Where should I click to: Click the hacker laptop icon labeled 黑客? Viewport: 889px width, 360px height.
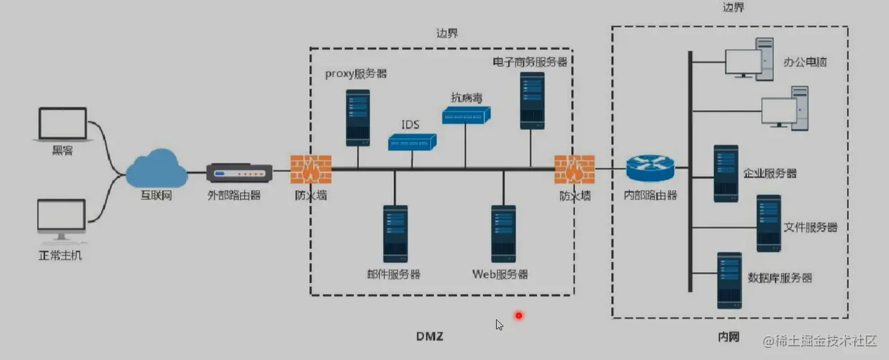coord(63,125)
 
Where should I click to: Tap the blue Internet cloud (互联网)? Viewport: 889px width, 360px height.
coord(156,169)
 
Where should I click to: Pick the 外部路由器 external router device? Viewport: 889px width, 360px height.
coord(239,173)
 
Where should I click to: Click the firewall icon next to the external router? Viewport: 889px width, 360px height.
coord(311,169)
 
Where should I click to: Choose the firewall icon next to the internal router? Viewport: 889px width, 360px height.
coord(574,169)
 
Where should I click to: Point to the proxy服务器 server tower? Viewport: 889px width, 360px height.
coord(358,118)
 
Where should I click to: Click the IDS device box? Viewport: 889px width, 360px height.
coord(411,143)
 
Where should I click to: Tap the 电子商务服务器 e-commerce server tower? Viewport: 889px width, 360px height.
coord(532,100)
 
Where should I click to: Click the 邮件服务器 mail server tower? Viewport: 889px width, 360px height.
coord(395,234)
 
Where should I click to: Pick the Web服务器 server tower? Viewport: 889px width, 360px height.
coord(503,234)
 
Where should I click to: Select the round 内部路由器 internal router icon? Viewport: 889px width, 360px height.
coord(650,169)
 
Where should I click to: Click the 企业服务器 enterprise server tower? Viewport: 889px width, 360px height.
coord(725,174)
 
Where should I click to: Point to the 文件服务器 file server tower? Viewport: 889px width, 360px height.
coord(768,224)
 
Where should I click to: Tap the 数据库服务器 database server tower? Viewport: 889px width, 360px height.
coord(729,280)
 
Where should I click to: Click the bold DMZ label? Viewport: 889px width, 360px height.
coord(430,336)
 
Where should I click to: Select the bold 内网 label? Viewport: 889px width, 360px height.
coord(728,335)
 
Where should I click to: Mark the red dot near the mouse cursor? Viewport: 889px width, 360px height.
coord(519,316)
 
